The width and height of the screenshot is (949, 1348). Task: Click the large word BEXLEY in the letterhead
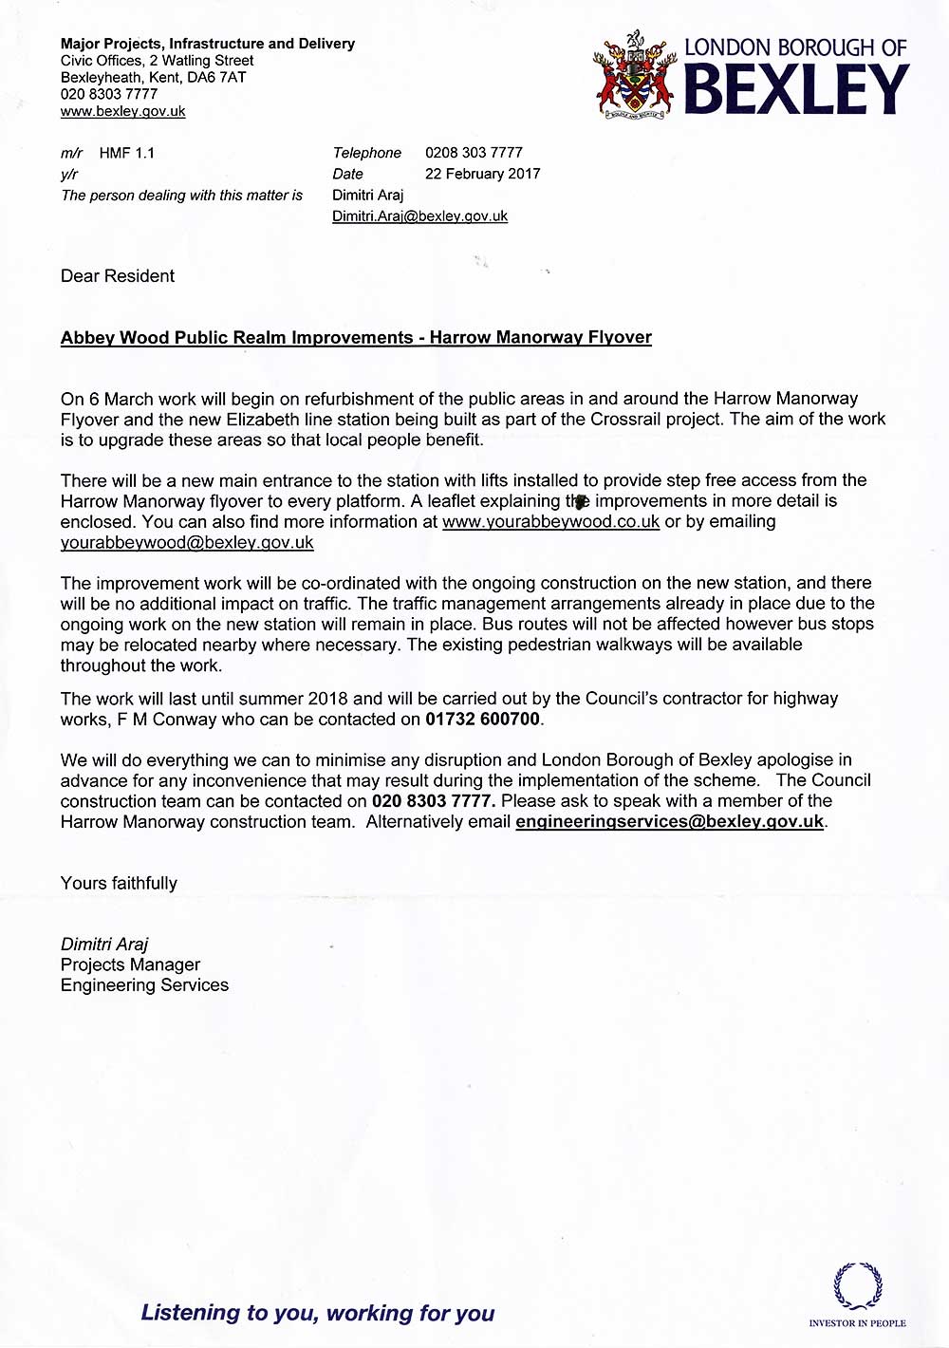point(796,91)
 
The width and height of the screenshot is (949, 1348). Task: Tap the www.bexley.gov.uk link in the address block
point(123,111)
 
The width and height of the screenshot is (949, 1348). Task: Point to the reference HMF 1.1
point(126,153)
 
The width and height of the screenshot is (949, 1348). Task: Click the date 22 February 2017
point(482,174)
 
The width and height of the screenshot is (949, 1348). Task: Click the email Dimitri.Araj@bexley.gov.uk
point(419,216)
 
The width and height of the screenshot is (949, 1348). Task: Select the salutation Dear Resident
point(118,276)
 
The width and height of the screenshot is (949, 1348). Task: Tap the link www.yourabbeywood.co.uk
point(550,522)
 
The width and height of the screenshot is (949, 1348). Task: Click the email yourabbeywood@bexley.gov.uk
point(187,543)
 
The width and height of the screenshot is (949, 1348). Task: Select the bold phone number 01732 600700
point(483,720)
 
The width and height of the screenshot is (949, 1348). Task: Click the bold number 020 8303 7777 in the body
point(433,801)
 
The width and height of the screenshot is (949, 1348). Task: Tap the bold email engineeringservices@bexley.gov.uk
point(669,822)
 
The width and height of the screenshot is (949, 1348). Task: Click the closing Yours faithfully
point(119,883)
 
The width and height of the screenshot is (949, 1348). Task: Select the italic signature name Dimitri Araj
point(104,945)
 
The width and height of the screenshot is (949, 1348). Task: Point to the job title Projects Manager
point(130,964)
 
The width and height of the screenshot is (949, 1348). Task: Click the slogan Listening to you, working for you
point(318,1313)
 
